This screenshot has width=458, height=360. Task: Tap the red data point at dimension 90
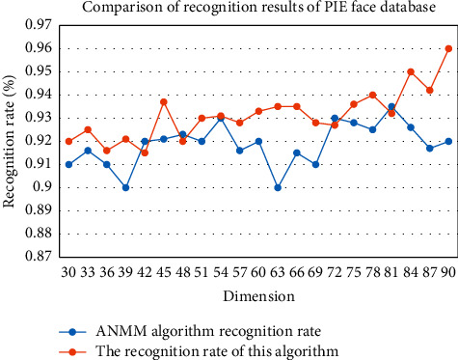pos(448,48)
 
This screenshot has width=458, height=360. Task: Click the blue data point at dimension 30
pos(68,164)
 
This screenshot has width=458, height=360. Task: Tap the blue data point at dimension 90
pos(448,141)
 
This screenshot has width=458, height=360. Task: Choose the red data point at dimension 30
pos(68,141)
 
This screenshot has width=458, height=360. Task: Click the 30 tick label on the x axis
pos(68,273)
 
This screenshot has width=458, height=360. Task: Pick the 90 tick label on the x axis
pos(447,273)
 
